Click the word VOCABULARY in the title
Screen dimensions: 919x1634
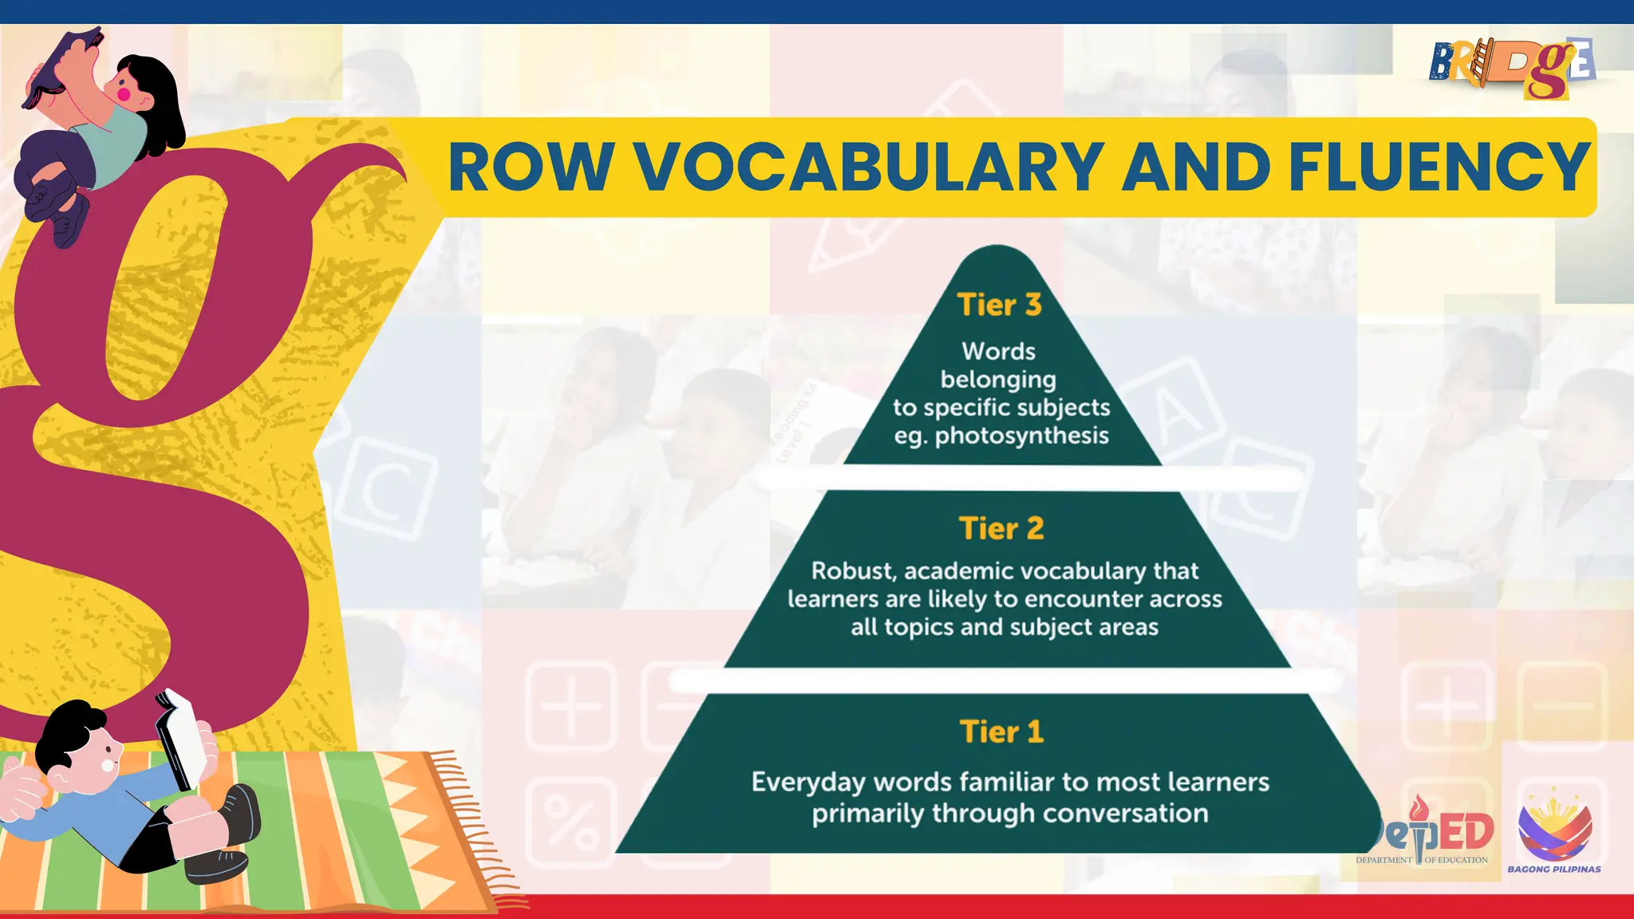point(869,168)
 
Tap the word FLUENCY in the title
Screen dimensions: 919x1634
point(1439,168)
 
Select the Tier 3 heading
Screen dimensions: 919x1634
point(999,305)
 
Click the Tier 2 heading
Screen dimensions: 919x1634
point(1001,528)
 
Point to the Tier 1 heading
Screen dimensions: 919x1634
point(1001,732)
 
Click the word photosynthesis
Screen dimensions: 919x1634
point(1021,436)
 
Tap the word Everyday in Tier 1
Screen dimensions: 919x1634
point(807,782)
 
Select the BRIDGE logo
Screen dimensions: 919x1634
point(1510,67)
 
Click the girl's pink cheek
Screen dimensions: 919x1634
point(124,93)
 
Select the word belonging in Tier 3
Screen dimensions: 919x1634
point(998,380)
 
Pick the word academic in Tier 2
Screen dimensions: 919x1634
point(959,570)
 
